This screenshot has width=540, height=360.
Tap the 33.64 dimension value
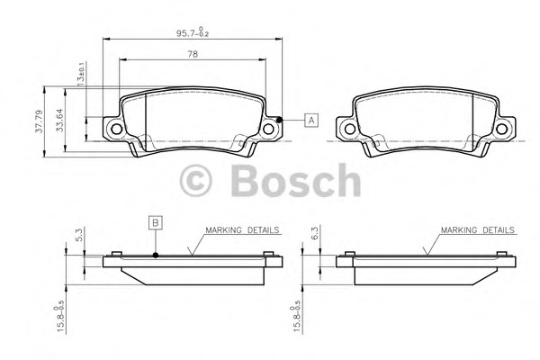pos(60,121)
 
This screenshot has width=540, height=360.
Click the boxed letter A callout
pos(310,120)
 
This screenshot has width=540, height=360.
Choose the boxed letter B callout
pos(156,221)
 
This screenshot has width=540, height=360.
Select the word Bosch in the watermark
pos(294,182)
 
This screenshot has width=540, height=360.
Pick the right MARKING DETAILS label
pos(477,230)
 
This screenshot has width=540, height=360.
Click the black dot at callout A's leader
pos(280,121)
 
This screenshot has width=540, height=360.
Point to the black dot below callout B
pos(156,256)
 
